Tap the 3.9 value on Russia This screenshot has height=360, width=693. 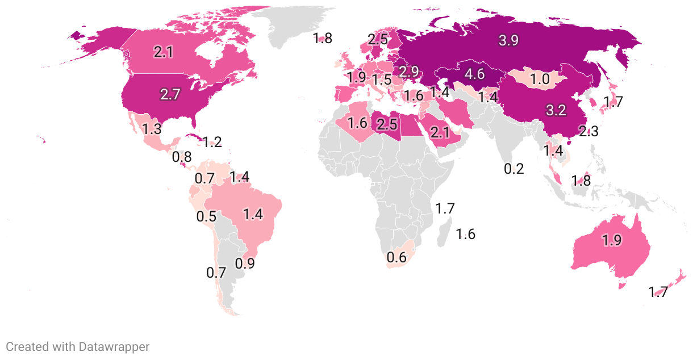[x=508, y=40]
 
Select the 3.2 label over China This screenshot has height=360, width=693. [x=556, y=110]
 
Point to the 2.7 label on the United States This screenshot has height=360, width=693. [x=170, y=94]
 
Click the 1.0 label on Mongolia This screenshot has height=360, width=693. [x=540, y=79]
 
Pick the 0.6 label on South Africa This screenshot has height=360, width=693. [x=396, y=257]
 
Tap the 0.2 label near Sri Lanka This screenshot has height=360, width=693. [x=514, y=168]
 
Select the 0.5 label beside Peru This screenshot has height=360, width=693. [x=207, y=216]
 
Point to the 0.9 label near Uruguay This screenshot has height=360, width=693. [x=245, y=263]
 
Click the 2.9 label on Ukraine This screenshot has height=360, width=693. [x=408, y=72]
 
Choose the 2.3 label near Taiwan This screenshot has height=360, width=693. [x=588, y=132]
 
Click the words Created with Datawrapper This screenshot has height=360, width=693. [x=78, y=346]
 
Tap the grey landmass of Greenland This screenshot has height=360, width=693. [x=295, y=26]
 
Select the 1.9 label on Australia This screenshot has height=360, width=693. [x=611, y=240]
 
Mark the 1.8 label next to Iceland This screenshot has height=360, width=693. [x=322, y=39]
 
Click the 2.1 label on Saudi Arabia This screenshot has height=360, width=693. [x=440, y=133]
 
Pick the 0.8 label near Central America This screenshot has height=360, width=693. [x=182, y=156]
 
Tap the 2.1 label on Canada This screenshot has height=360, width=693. [x=163, y=52]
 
